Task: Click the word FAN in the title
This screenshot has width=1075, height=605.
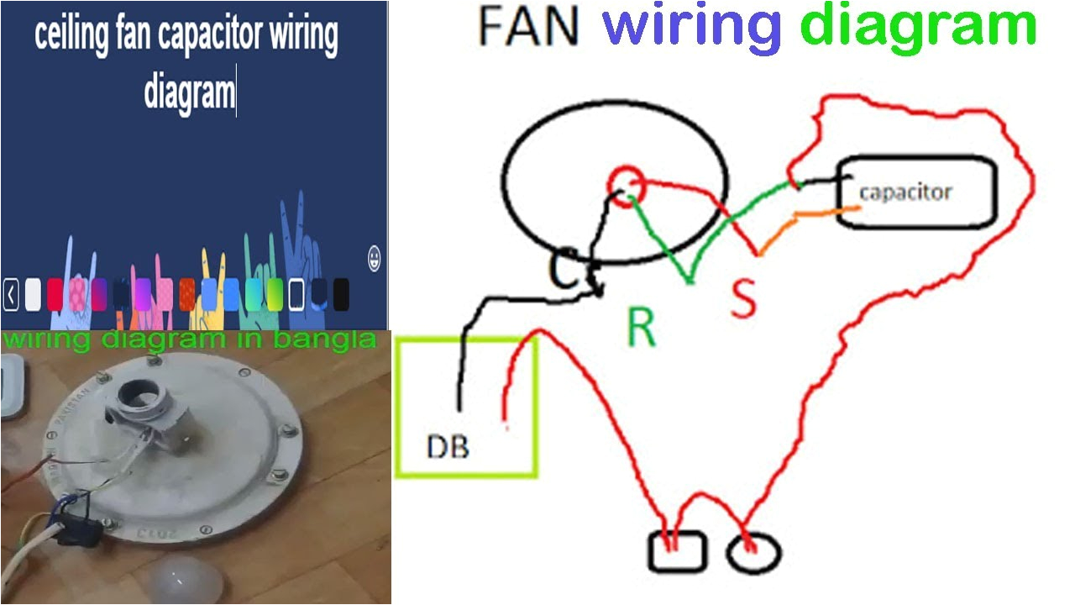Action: click(528, 28)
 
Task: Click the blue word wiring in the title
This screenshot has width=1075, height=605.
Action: click(692, 28)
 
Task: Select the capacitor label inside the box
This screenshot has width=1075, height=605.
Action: click(905, 192)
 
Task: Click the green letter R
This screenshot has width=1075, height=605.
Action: click(642, 329)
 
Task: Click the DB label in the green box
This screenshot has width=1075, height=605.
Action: click(448, 446)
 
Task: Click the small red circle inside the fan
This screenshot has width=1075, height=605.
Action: click(627, 183)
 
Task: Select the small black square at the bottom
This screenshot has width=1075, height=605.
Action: click(677, 552)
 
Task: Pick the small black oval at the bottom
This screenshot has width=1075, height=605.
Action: click(754, 553)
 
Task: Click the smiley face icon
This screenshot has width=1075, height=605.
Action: click(375, 259)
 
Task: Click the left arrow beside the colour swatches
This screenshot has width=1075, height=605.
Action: click(11, 295)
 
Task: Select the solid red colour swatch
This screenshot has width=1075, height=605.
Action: click(55, 294)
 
